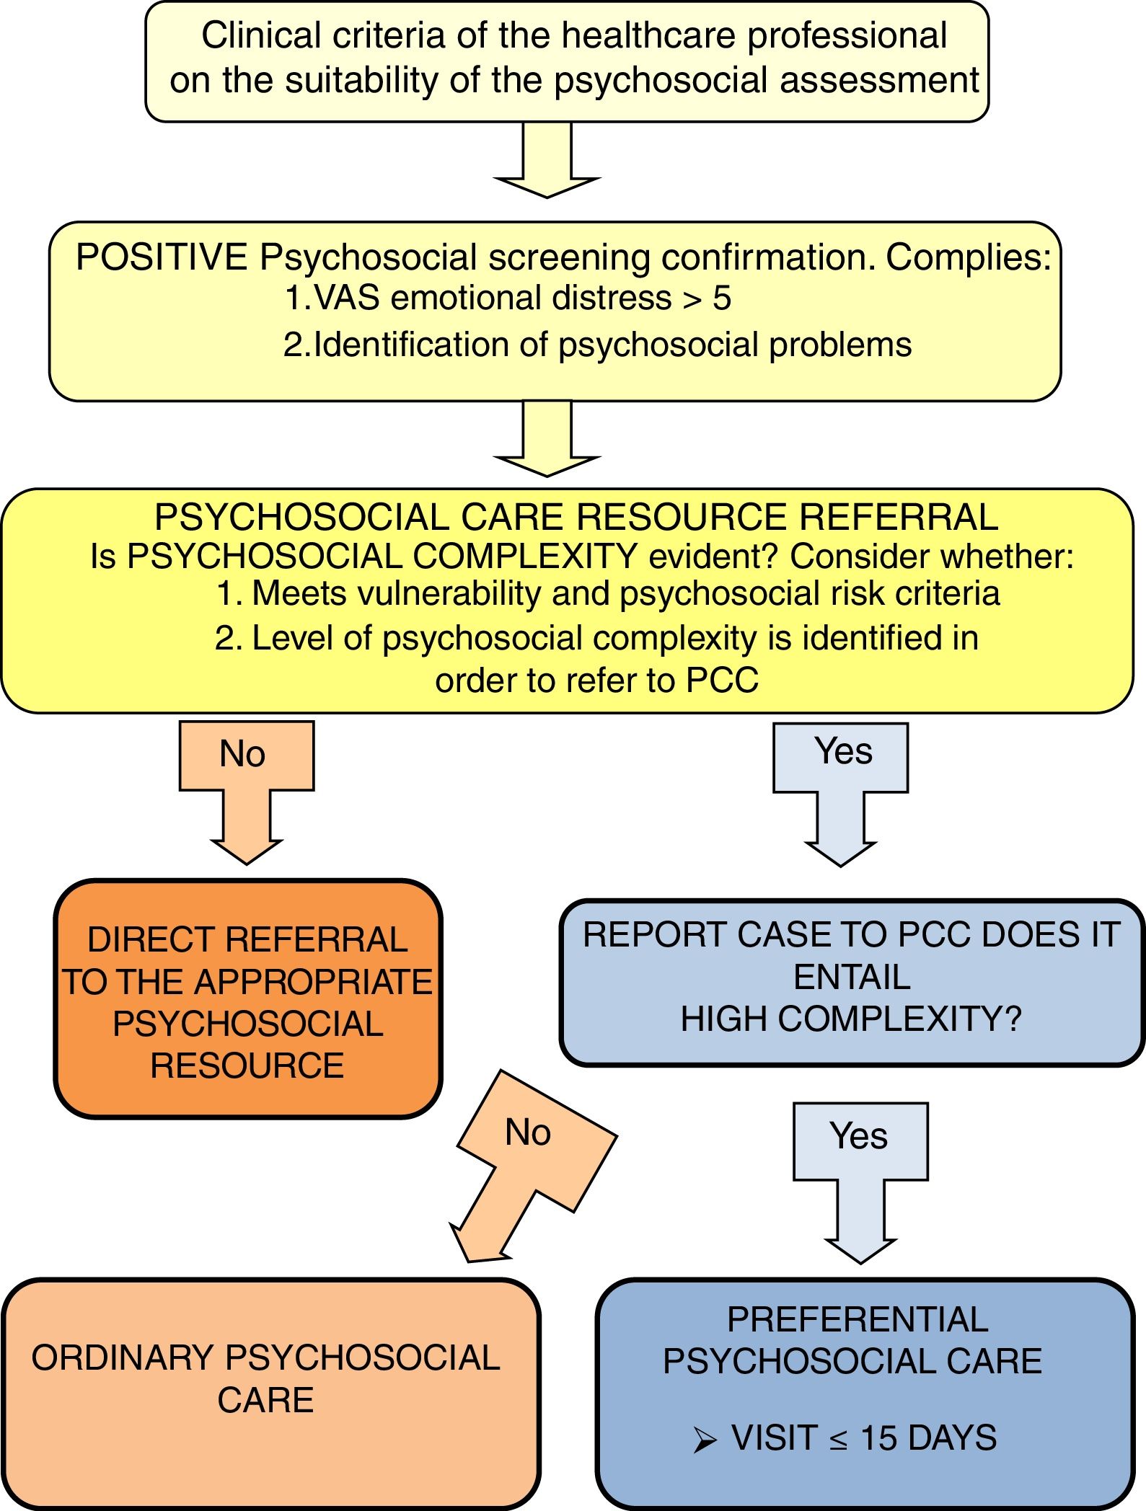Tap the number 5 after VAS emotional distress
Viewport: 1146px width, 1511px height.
click(x=722, y=298)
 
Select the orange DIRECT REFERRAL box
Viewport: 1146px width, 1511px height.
click(x=247, y=998)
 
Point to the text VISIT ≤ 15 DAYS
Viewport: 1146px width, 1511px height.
click(x=863, y=1437)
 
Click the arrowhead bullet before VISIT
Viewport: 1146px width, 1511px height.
click(x=705, y=1440)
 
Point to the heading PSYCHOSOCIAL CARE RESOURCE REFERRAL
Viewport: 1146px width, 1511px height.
click(x=576, y=517)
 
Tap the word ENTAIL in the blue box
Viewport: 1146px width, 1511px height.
click(x=852, y=978)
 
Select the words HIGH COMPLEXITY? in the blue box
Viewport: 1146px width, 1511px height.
click(x=851, y=1019)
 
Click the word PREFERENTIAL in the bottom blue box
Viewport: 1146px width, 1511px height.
click(x=858, y=1319)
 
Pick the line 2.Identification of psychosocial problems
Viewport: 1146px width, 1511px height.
click(x=597, y=345)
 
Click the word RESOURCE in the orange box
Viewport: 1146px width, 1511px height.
click(x=247, y=1065)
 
